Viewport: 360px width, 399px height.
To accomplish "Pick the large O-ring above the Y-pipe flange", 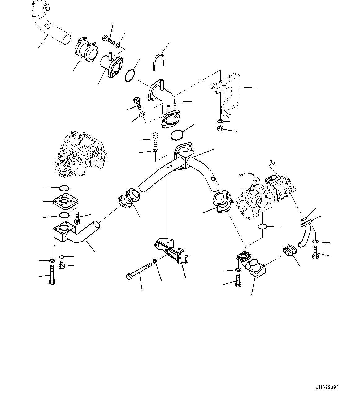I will [x=176, y=135].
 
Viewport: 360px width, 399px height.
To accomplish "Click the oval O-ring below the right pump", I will [x=262, y=227].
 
